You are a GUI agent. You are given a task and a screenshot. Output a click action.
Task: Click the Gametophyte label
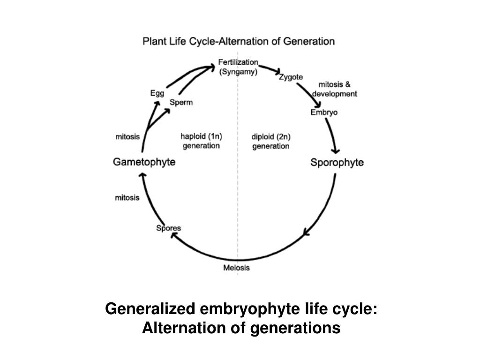[144, 162]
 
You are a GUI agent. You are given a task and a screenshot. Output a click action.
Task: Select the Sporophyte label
[337, 163]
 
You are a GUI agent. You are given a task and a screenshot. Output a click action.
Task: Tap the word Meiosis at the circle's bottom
[236, 268]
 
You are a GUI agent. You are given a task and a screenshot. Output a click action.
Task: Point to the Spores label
[168, 228]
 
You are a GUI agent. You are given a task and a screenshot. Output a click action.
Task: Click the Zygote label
[291, 77]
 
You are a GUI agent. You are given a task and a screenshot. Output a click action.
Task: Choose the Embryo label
[324, 112]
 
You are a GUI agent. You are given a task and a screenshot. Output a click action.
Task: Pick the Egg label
[157, 93]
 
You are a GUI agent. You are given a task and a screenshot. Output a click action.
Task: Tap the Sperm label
[181, 103]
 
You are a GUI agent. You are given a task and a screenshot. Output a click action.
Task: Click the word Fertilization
[238, 62]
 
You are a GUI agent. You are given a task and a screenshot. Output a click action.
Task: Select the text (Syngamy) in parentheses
[238, 72]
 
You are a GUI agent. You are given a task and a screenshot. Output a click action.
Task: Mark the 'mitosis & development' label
[334, 89]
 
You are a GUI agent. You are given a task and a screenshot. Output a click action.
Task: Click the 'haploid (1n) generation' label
[201, 141]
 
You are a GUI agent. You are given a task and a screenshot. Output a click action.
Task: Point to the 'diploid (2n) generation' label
[271, 142]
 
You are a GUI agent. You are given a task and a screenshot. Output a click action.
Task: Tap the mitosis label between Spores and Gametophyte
[127, 198]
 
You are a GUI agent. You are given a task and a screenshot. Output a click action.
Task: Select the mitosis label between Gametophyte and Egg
[127, 137]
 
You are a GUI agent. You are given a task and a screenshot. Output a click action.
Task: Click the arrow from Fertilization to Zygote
[269, 69]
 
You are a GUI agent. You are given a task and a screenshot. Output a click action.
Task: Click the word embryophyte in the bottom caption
[240, 309]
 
